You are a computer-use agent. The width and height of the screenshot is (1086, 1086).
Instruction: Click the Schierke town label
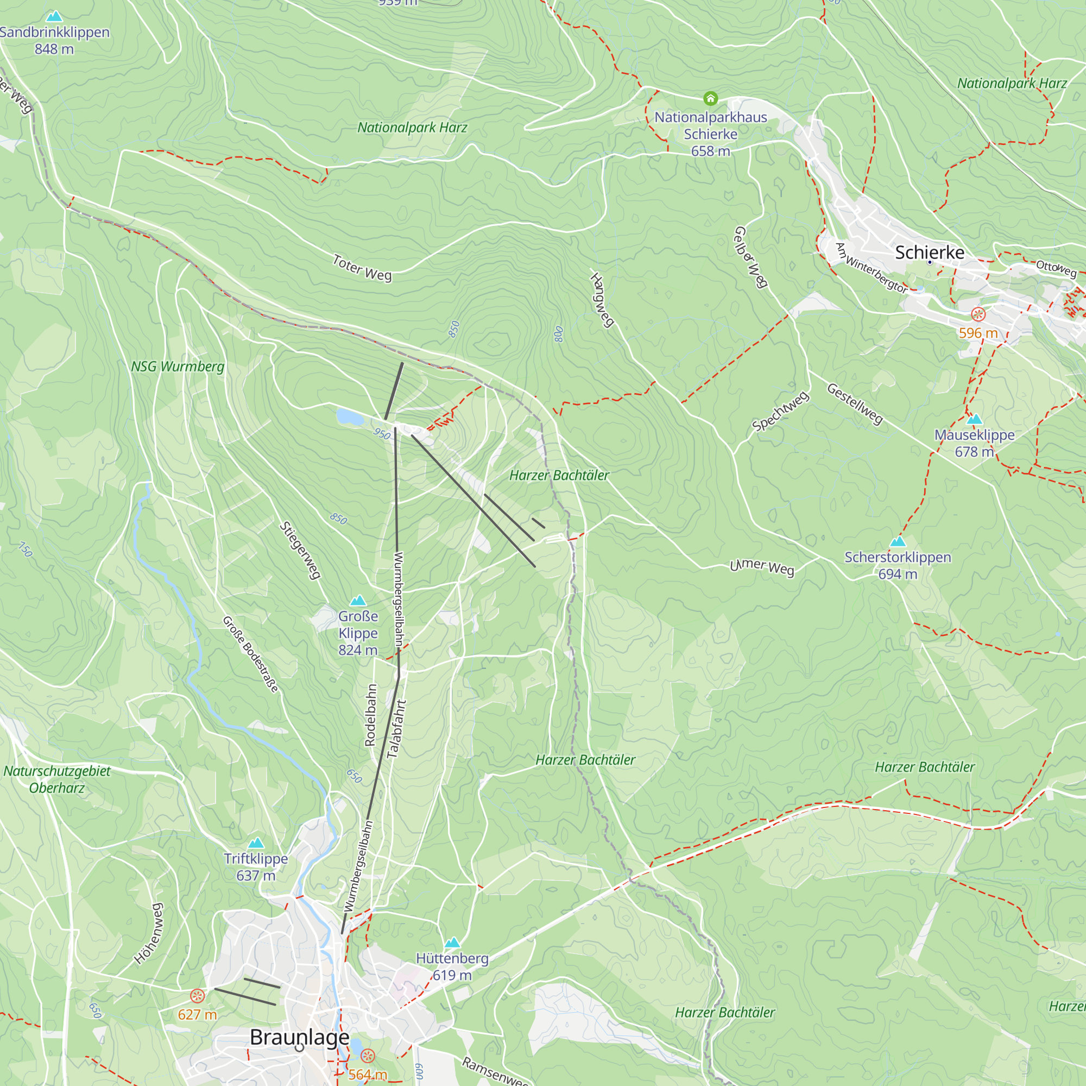pos(929,252)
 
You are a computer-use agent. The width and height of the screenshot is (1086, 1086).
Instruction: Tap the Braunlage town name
pos(299,1037)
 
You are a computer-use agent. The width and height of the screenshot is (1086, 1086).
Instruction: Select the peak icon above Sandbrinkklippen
pos(54,16)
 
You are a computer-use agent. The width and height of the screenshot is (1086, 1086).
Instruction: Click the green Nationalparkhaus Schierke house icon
pos(710,99)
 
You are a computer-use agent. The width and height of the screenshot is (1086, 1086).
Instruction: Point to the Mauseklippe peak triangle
pos(974,419)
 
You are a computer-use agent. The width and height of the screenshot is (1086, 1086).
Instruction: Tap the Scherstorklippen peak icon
pos(898,541)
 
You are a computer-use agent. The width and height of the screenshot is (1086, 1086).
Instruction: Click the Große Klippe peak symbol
pos(358,601)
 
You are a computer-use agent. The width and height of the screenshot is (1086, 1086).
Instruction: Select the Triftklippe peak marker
pos(256,843)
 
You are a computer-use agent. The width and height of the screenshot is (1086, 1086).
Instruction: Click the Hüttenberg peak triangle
pos(452,943)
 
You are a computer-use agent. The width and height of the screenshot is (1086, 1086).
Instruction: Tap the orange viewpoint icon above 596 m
pos(978,314)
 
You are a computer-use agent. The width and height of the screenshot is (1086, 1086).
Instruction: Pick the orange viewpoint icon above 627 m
pos(197,996)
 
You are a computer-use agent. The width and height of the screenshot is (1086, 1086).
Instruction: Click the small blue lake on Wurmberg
pos(349,416)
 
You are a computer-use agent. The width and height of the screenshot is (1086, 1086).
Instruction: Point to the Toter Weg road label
pos(362,268)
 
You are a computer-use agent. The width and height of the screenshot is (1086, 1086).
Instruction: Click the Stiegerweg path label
pos(300,550)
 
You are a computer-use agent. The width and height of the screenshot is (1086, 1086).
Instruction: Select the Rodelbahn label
pos(370,715)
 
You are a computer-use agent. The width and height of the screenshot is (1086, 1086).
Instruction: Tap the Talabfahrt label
pos(396,729)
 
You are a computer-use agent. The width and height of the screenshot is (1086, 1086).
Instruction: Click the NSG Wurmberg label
pos(178,367)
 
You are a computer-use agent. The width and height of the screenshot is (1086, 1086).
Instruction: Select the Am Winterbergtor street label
pos(871,268)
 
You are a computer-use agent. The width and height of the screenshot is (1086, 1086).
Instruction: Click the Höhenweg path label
pos(149,933)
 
